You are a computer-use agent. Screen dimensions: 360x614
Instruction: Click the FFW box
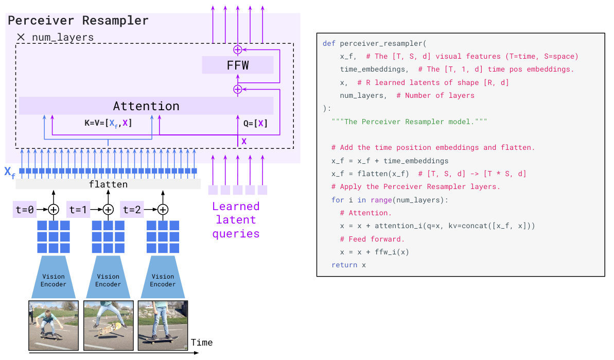click(237, 65)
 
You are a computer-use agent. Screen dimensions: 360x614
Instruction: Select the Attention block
click(146, 106)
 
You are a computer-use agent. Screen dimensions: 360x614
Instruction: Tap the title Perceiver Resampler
click(78, 21)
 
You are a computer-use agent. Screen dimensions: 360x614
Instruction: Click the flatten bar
click(108, 184)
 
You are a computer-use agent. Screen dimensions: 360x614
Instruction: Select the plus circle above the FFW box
click(237, 49)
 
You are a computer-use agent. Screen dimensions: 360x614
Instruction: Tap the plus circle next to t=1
click(108, 210)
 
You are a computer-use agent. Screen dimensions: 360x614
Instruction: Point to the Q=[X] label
click(255, 124)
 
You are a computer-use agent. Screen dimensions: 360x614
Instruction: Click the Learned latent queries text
click(237, 220)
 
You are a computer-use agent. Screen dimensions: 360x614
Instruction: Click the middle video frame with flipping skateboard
click(108, 325)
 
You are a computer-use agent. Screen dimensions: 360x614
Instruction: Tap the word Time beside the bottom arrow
click(201, 342)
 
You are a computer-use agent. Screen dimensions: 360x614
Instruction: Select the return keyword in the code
click(344, 265)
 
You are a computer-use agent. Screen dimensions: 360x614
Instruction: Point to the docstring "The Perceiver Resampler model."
click(409, 122)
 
